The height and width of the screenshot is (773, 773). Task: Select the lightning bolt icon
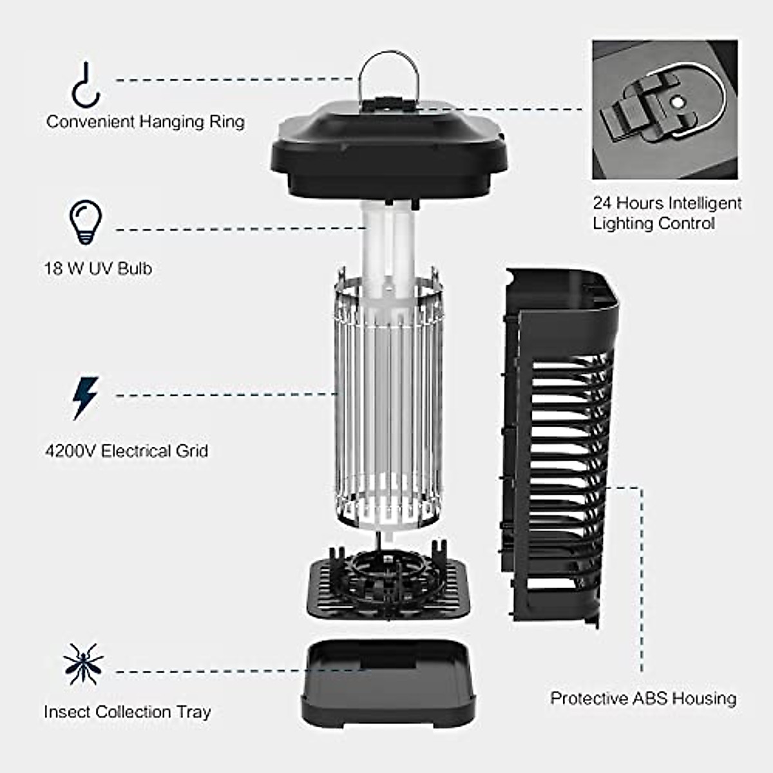pyautogui.click(x=85, y=398)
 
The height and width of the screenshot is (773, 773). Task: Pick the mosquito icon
pyautogui.click(x=83, y=664)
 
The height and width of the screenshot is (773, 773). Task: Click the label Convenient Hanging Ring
pyautogui.click(x=146, y=122)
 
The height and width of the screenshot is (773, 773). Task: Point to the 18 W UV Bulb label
pyautogui.click(x=98, y=268)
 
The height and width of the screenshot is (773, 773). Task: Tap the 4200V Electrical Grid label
pyautogui.click(x=127, y=450)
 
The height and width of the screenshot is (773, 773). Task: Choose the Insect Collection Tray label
pyautogui.click(x=127, y=712)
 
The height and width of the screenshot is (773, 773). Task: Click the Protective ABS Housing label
pyautogui.click(x=643, y=698)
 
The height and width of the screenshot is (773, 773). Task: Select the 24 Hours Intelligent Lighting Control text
pyautogui.click(x=667, y=213)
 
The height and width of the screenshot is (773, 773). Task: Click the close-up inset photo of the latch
pyautogui.click(x=665, y=110)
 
